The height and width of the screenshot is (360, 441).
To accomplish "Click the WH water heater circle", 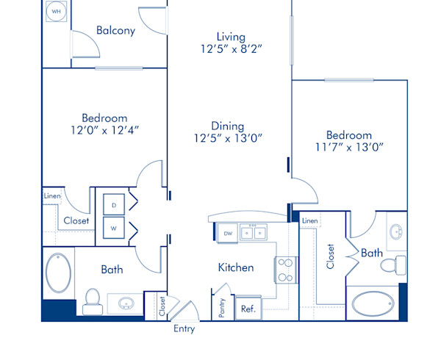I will [55, 12].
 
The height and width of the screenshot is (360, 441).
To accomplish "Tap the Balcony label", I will [115, 31].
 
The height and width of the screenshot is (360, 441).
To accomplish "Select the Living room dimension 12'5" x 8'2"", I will [230, 49].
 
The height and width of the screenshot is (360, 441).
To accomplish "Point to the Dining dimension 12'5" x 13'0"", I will [228, 138].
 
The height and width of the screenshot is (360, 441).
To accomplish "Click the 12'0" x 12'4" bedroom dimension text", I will [104, 130].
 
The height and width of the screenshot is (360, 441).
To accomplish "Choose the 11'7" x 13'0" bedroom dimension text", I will [349, 148].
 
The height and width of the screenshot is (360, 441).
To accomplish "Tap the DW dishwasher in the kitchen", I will [229, 234].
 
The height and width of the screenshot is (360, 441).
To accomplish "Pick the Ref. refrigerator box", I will [248, 309].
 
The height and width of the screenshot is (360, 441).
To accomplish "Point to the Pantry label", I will [221, 306].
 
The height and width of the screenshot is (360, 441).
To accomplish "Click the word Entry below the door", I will [184, 328].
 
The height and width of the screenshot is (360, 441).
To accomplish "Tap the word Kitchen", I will [235, 268].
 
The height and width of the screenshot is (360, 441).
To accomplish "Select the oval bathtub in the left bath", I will [57, 273].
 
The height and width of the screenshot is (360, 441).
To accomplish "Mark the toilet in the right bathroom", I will [398, 263].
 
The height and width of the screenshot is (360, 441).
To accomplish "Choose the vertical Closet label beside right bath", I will [331, 256].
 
